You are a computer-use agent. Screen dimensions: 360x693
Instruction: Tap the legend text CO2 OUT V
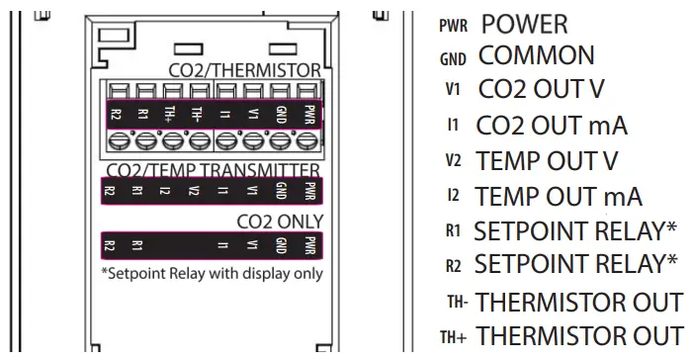tap(541, 89)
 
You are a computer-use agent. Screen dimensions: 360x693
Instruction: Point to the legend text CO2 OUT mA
tap(552, 125)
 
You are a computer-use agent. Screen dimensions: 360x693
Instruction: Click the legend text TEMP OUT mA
tap(559, 195)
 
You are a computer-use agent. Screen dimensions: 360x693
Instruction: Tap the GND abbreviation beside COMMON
tap(454, 57)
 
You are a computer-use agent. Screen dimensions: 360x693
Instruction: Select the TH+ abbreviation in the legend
tap(456, 335)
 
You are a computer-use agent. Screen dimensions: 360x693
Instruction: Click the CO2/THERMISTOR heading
tap(245, 71)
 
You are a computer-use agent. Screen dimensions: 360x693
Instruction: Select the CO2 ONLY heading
tap(280, 220)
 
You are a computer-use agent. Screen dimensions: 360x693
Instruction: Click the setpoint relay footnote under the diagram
tap(212, 272)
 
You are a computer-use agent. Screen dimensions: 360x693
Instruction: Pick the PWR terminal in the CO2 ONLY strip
tap(310, 243)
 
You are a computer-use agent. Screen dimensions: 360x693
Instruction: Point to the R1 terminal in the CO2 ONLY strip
tap(138, 243)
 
